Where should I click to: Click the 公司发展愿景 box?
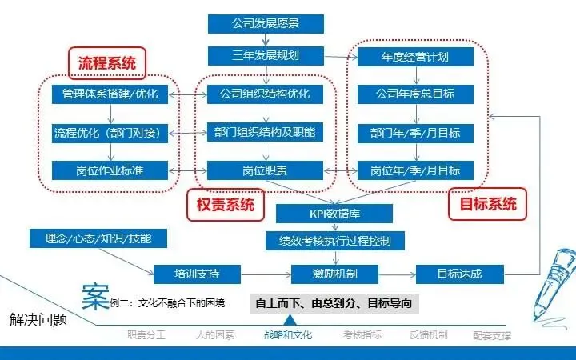(265, 23)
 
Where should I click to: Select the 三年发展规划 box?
(265, 57)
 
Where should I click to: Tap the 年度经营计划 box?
(415, 58)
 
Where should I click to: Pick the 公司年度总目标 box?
(415, 94)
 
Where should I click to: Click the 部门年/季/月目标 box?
(415, 132)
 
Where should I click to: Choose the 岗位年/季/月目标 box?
(415, 170)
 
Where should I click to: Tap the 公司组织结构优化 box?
(265, 94)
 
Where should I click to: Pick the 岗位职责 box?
(265, 170)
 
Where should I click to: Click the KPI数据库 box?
(334, 214)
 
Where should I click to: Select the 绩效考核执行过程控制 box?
(334, 240)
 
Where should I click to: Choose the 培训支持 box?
(197, 274)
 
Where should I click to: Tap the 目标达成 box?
(459, 274)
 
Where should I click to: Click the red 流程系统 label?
(106, 62)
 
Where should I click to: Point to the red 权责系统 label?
(225, 205)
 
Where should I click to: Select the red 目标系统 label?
(487, 204)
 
